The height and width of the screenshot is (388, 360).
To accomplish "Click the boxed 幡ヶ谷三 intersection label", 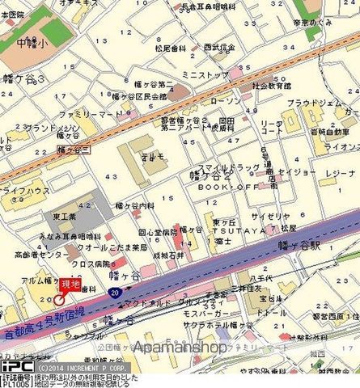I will coord(74,149).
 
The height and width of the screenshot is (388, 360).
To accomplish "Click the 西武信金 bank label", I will coord(218,48).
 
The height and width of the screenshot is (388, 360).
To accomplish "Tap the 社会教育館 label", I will coord(271,84).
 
